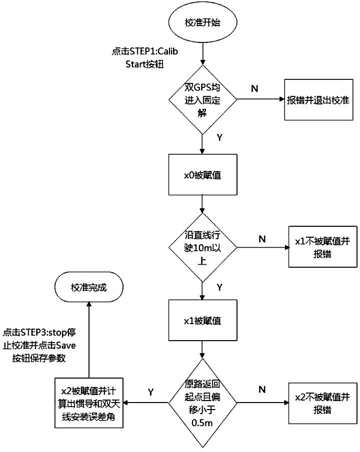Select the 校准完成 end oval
[x=89, y=287]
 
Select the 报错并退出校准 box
[x=316, y=100]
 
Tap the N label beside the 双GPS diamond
[x=254, y=88]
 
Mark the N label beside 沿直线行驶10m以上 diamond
[x=261, y=238]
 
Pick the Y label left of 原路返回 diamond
[x=150, y=392]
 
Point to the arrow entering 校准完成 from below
[x=89, y=340]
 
